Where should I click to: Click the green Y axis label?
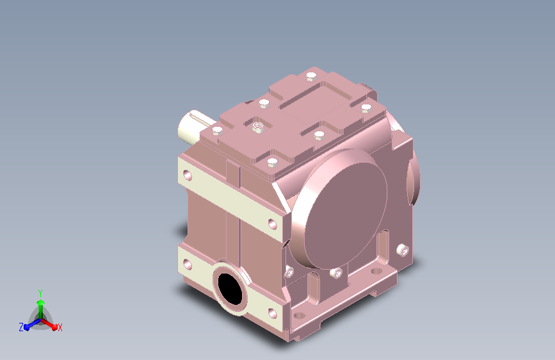(x=40, y=293)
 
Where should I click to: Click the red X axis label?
(x=60, y=327)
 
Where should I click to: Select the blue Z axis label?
(x=21, y=327)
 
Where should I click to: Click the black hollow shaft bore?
(x=230, y=289)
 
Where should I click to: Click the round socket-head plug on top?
(x=258, y=126)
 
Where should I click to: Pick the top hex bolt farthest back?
(x=311, y=76)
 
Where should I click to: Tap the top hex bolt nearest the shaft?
(x=218, y=131)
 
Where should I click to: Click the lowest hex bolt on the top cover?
(x=272, y=163)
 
